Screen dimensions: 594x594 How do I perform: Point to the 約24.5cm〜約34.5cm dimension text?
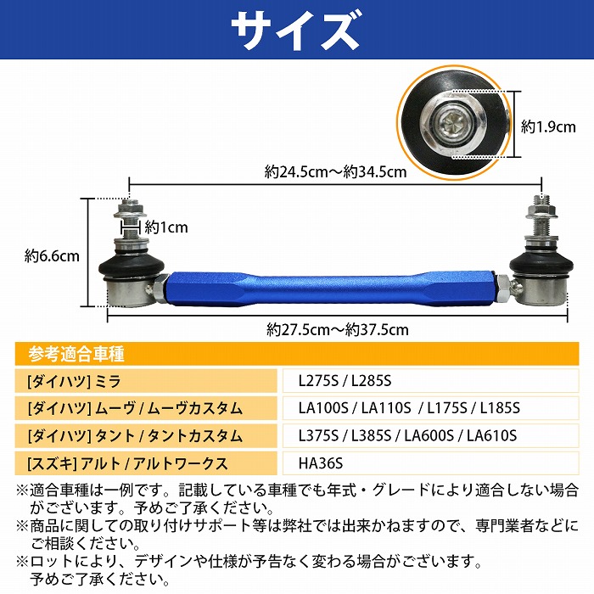pos(336,171)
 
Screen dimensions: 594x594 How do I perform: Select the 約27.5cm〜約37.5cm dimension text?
pos(337,328)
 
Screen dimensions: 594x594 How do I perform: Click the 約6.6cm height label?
pos(52,254)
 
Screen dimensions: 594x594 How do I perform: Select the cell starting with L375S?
pos(407,435)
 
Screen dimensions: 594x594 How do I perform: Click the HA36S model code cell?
pos(322,462)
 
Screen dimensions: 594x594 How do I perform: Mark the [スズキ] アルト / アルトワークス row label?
pos(127,462)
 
